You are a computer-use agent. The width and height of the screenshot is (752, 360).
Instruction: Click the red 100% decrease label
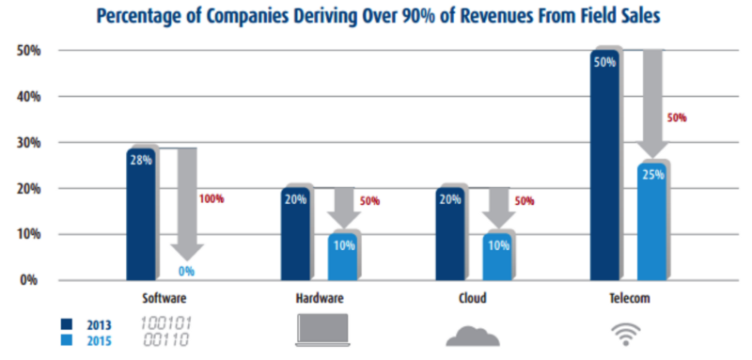pos(213,198)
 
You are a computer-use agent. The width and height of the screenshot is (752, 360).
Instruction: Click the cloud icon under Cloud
pos(473,334)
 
